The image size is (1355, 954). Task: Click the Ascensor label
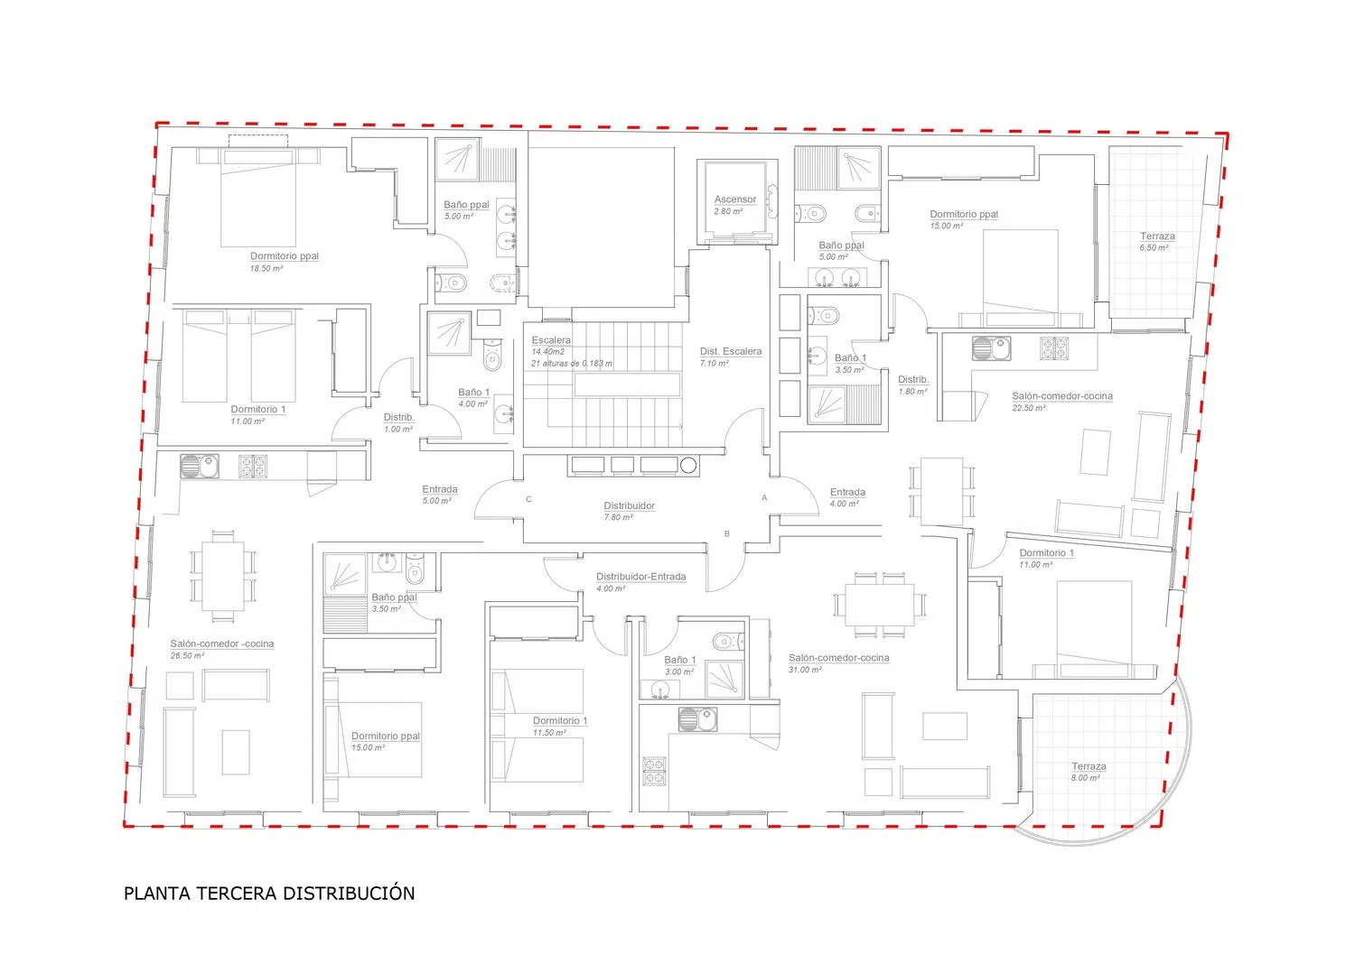[735, 199]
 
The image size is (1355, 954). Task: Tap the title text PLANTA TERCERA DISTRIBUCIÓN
[269, 893]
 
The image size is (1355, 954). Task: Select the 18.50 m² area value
[266, 268]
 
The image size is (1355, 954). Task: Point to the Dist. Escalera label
[731, 351]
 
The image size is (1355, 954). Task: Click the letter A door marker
[764, 497]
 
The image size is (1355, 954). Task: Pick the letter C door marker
[528, 499]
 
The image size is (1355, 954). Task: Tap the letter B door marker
[727, 533]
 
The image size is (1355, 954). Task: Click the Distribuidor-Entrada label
[641, 577]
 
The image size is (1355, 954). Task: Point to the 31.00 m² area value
[805, 670]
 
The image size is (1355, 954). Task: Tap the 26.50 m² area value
[187, 656]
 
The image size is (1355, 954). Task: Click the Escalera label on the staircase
[551, 340]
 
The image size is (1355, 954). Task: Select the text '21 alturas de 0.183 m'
[572, 364]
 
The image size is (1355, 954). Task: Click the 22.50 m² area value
[1029, 408]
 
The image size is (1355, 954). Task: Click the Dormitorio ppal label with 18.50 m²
[285, 256]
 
